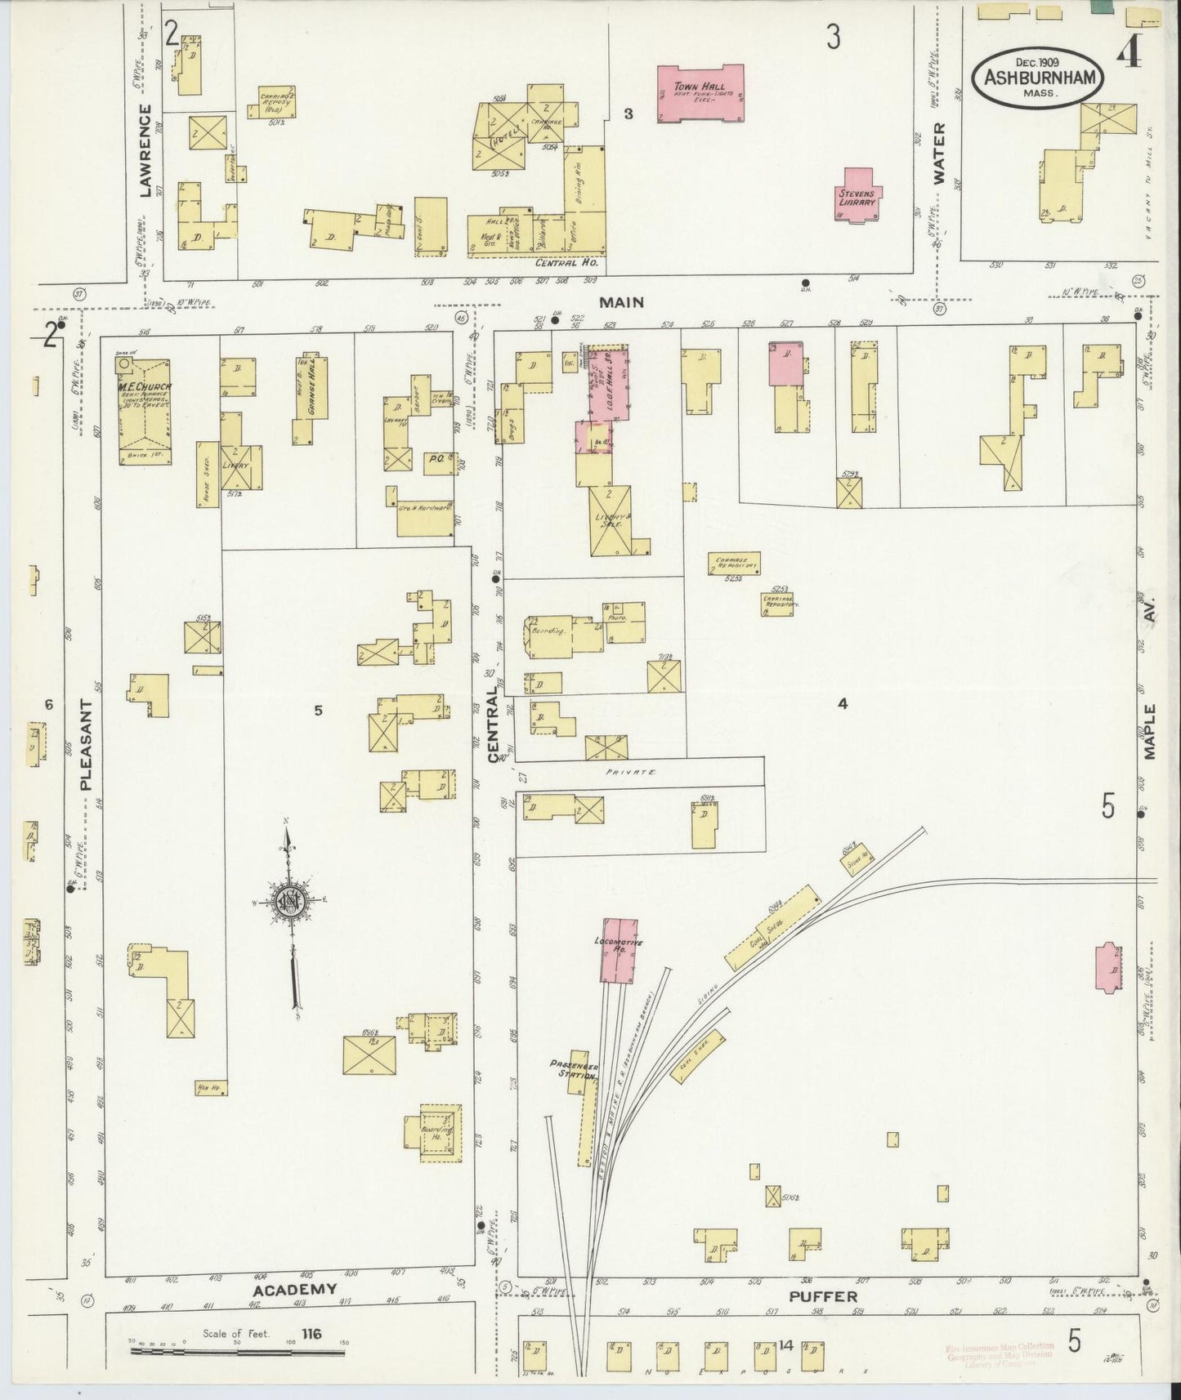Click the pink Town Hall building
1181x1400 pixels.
700,94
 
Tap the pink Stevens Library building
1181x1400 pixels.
857,195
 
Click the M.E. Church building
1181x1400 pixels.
145,412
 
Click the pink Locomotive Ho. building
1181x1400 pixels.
618,951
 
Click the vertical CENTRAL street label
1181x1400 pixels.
493,725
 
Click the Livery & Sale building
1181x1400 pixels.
610,521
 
